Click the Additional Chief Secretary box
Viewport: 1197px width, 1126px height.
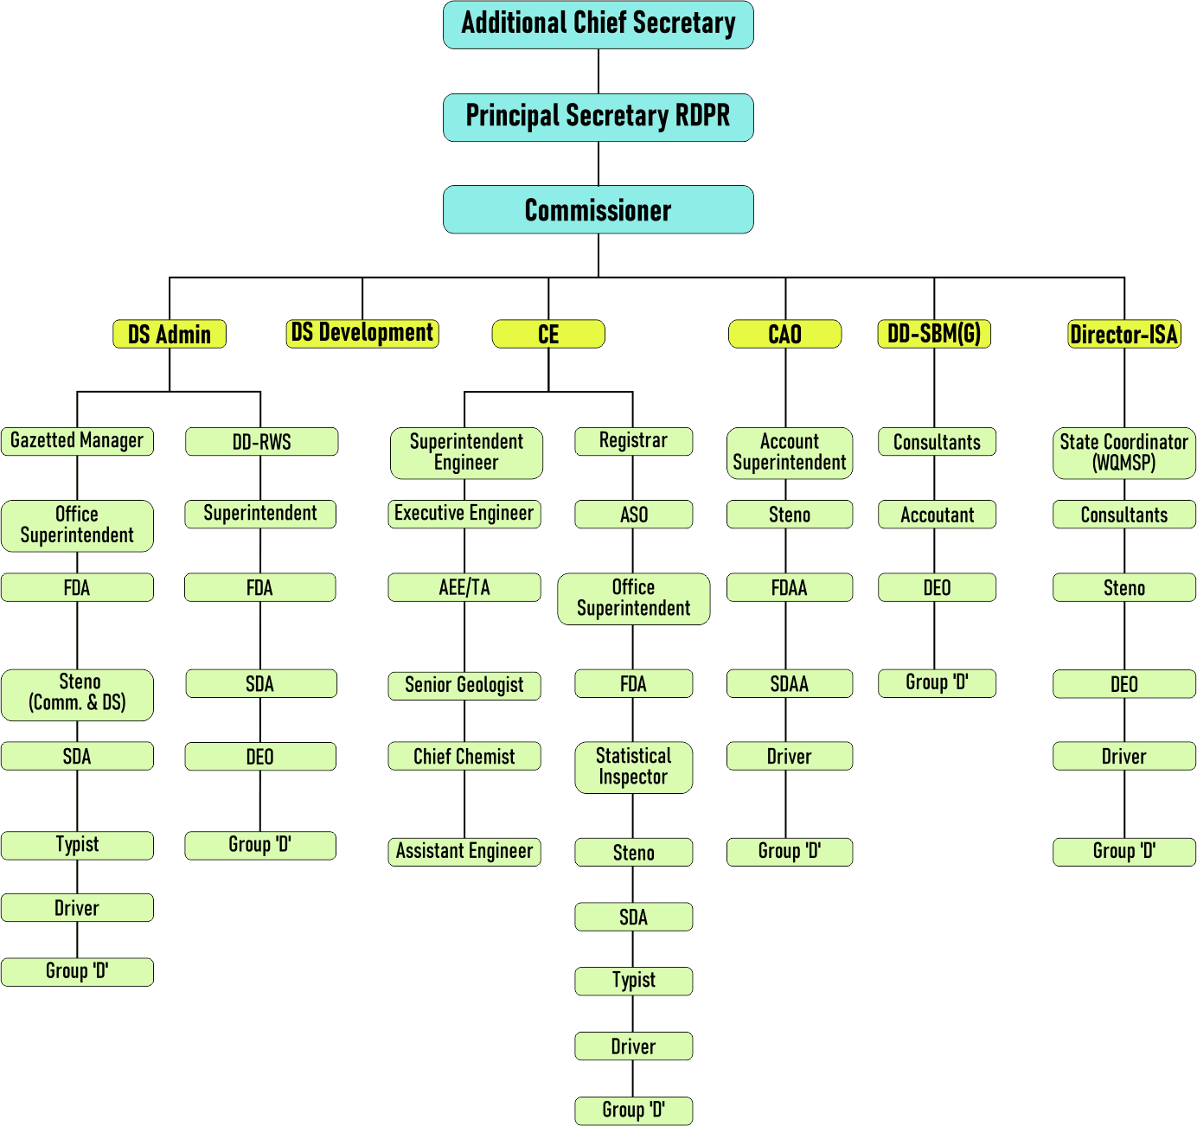598,24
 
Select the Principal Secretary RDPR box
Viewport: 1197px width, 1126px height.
598,117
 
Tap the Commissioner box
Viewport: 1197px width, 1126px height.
598,209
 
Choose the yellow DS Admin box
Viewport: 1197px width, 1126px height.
170,334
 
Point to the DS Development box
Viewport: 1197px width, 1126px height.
362,333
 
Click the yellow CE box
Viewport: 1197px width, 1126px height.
548,334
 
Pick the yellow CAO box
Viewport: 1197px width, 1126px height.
784,334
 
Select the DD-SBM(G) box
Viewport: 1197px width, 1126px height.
934,334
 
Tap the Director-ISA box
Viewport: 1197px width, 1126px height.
1124,334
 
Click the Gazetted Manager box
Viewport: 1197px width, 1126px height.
77,441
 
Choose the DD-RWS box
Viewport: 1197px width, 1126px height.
261,442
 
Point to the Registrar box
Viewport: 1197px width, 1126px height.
633,441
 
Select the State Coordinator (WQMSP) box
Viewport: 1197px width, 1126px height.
1123,452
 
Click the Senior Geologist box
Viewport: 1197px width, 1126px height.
464,685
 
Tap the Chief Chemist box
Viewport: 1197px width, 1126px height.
464,757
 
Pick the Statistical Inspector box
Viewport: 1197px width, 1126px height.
633,767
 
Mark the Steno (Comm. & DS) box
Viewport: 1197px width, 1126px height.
77,693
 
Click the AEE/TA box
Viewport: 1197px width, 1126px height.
464,588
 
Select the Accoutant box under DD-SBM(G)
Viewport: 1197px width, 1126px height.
937,515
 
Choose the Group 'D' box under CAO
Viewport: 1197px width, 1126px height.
789,852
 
